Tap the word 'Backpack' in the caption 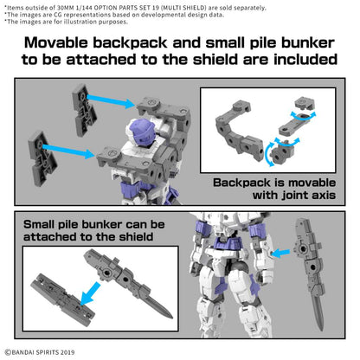(x=241, y=183)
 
